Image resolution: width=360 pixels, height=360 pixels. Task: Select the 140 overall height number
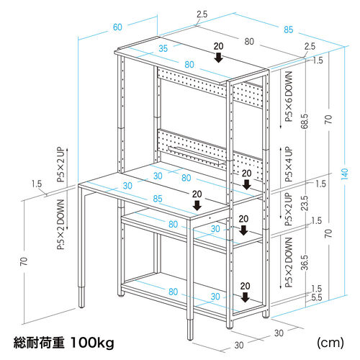(345, 175)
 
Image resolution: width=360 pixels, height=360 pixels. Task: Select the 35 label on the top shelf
(163, 49)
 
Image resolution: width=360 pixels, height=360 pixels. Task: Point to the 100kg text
(91, 342)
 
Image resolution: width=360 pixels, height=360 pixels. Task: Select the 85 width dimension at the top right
(288, 30)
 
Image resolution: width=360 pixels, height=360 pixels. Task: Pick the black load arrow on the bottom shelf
(246, 297)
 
